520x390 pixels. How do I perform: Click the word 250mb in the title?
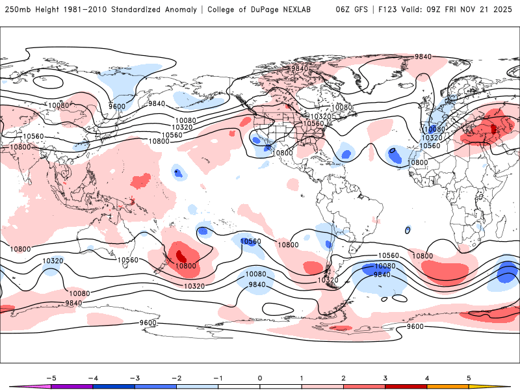pos(17,10)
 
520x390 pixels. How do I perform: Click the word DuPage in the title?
pos(266,10)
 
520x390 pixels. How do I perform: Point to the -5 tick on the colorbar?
pos(51,377)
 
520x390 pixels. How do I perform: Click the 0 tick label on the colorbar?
pos(260,377)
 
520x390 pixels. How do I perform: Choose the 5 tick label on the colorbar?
pos(469,377)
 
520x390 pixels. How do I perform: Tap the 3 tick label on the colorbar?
pos(385,377)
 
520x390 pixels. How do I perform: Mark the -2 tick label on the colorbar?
pos(176,377)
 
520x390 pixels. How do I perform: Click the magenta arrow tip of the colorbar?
pos(14,386)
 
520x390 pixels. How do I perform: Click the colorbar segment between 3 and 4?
pos(406,386)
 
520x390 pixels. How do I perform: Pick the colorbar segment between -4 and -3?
pos(114,386)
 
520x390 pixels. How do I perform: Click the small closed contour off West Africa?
pos(408,229)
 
